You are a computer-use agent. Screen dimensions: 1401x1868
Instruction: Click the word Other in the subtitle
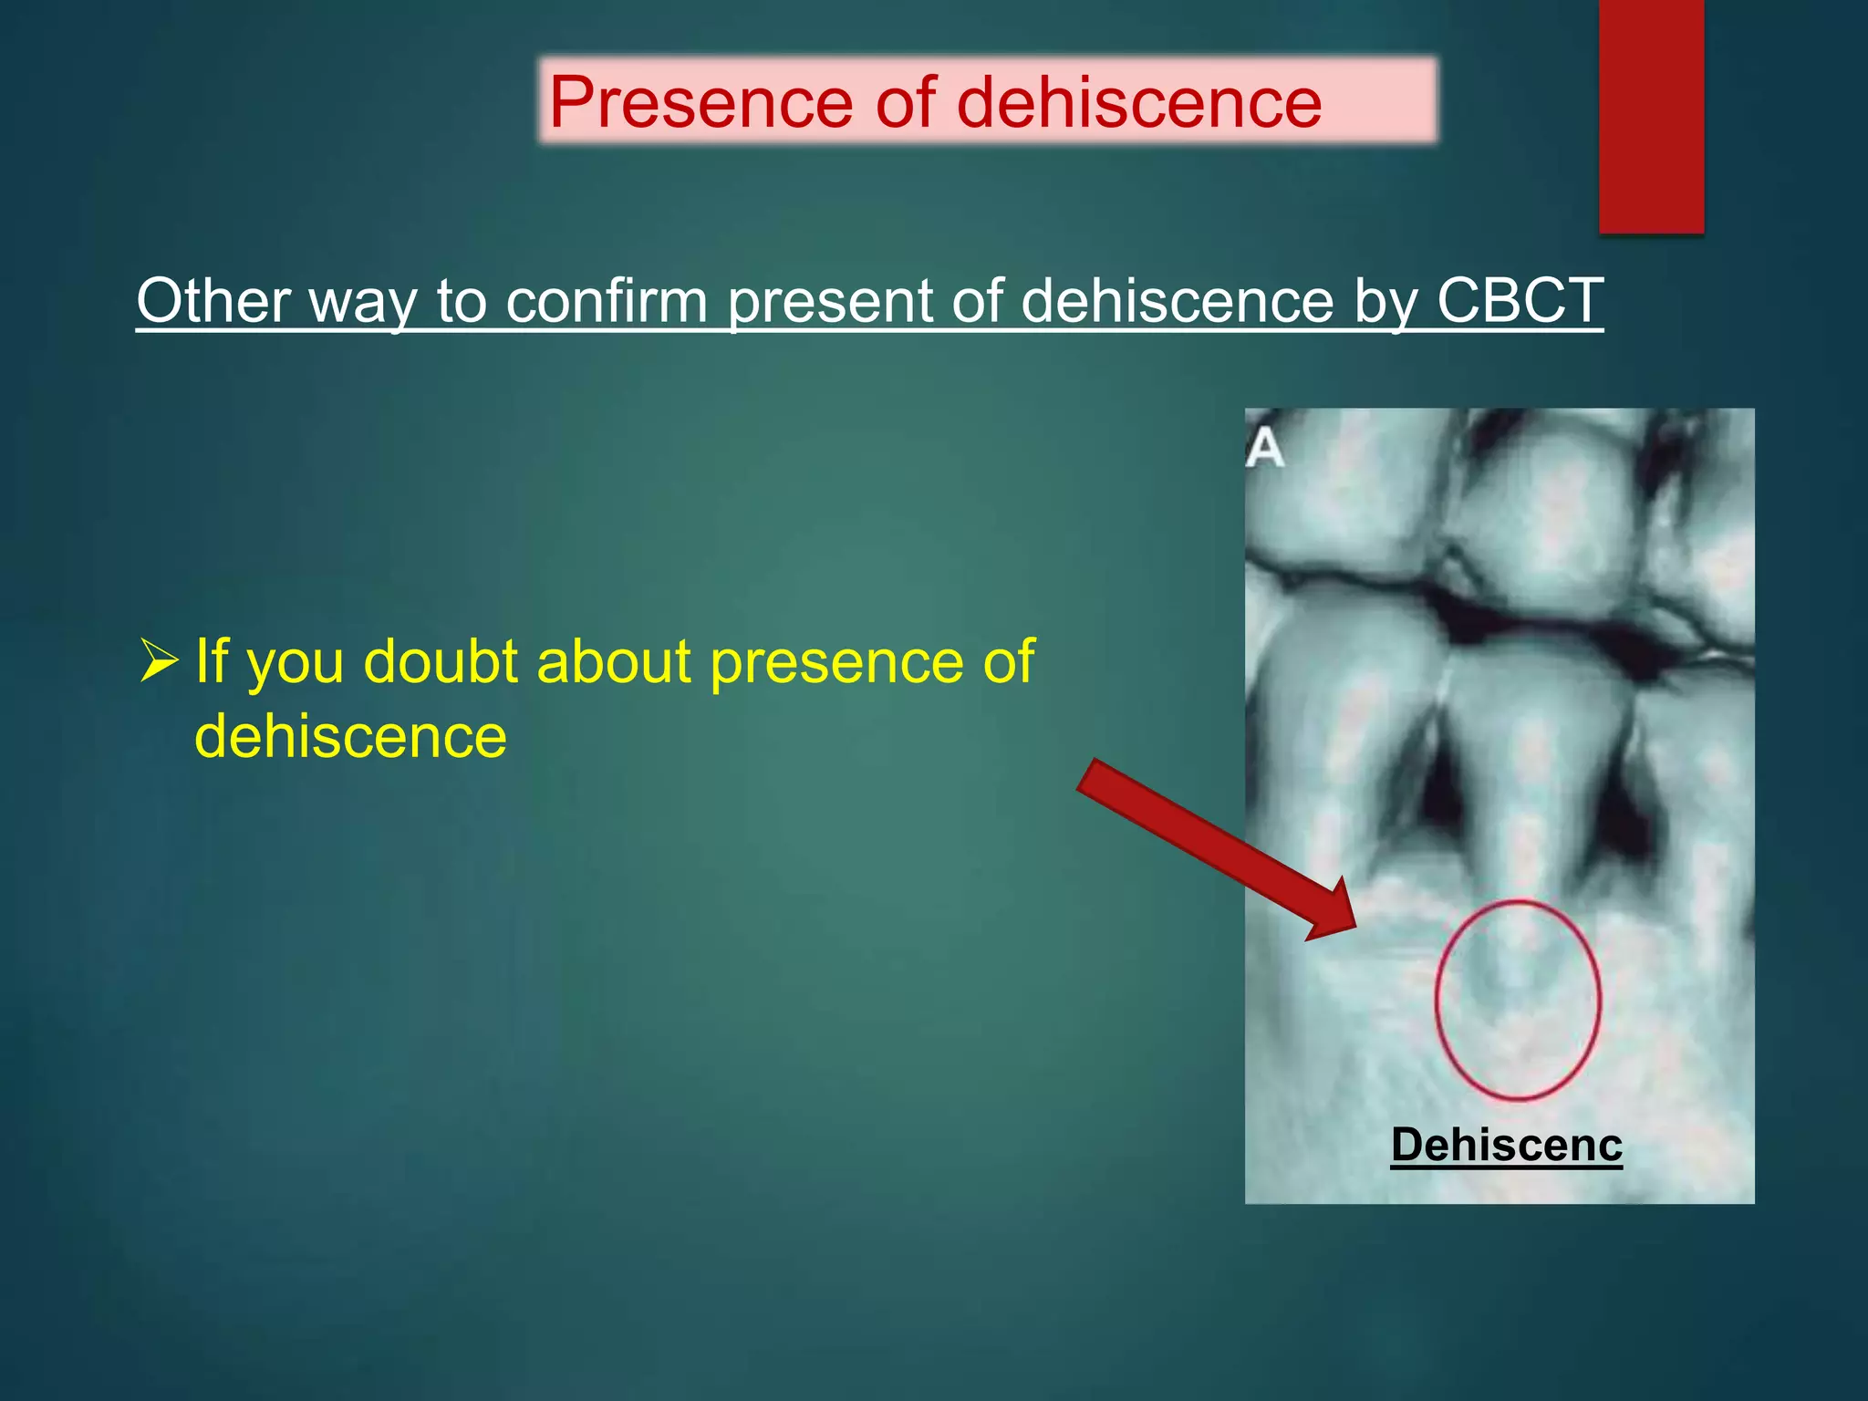[213, 300]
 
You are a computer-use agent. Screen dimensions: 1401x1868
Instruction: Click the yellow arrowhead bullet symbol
[159, 661]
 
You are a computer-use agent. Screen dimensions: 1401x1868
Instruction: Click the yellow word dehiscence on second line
[350, 737]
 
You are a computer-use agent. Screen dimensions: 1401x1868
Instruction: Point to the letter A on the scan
[1264, 449]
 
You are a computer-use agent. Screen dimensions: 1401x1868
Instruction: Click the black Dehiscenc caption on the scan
[1506, 1145]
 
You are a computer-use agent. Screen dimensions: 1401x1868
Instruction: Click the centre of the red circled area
[1517, 1000]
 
